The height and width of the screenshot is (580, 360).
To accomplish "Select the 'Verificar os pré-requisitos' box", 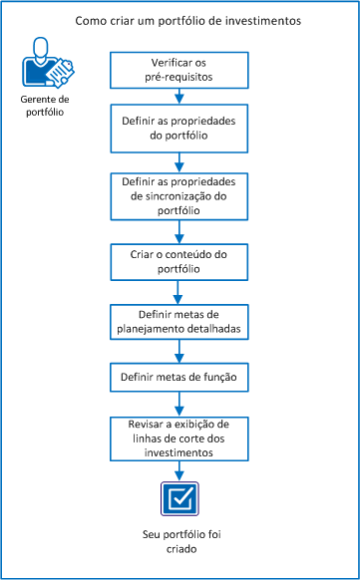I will point(179,67).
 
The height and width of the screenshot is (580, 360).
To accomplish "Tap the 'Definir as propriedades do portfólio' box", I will point(179,128).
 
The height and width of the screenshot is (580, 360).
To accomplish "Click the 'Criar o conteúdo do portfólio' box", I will point(179,261).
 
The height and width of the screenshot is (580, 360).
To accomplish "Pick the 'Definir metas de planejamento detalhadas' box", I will point(179,320).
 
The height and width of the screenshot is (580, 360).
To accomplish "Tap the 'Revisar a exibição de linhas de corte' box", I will point(179,436).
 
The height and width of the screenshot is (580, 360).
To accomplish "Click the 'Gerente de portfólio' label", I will point(42,106).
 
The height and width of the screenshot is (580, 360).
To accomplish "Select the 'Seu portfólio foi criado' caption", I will point(179,541).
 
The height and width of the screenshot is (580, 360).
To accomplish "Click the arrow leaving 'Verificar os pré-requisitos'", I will point(179,96).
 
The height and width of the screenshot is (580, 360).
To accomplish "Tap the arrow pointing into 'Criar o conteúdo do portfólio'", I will point(179,231).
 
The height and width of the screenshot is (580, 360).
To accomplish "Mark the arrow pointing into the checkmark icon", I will point(179,469).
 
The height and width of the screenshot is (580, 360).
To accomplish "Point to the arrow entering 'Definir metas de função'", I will point(179,351).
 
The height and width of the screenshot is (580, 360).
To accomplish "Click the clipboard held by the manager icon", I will point(49,70).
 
